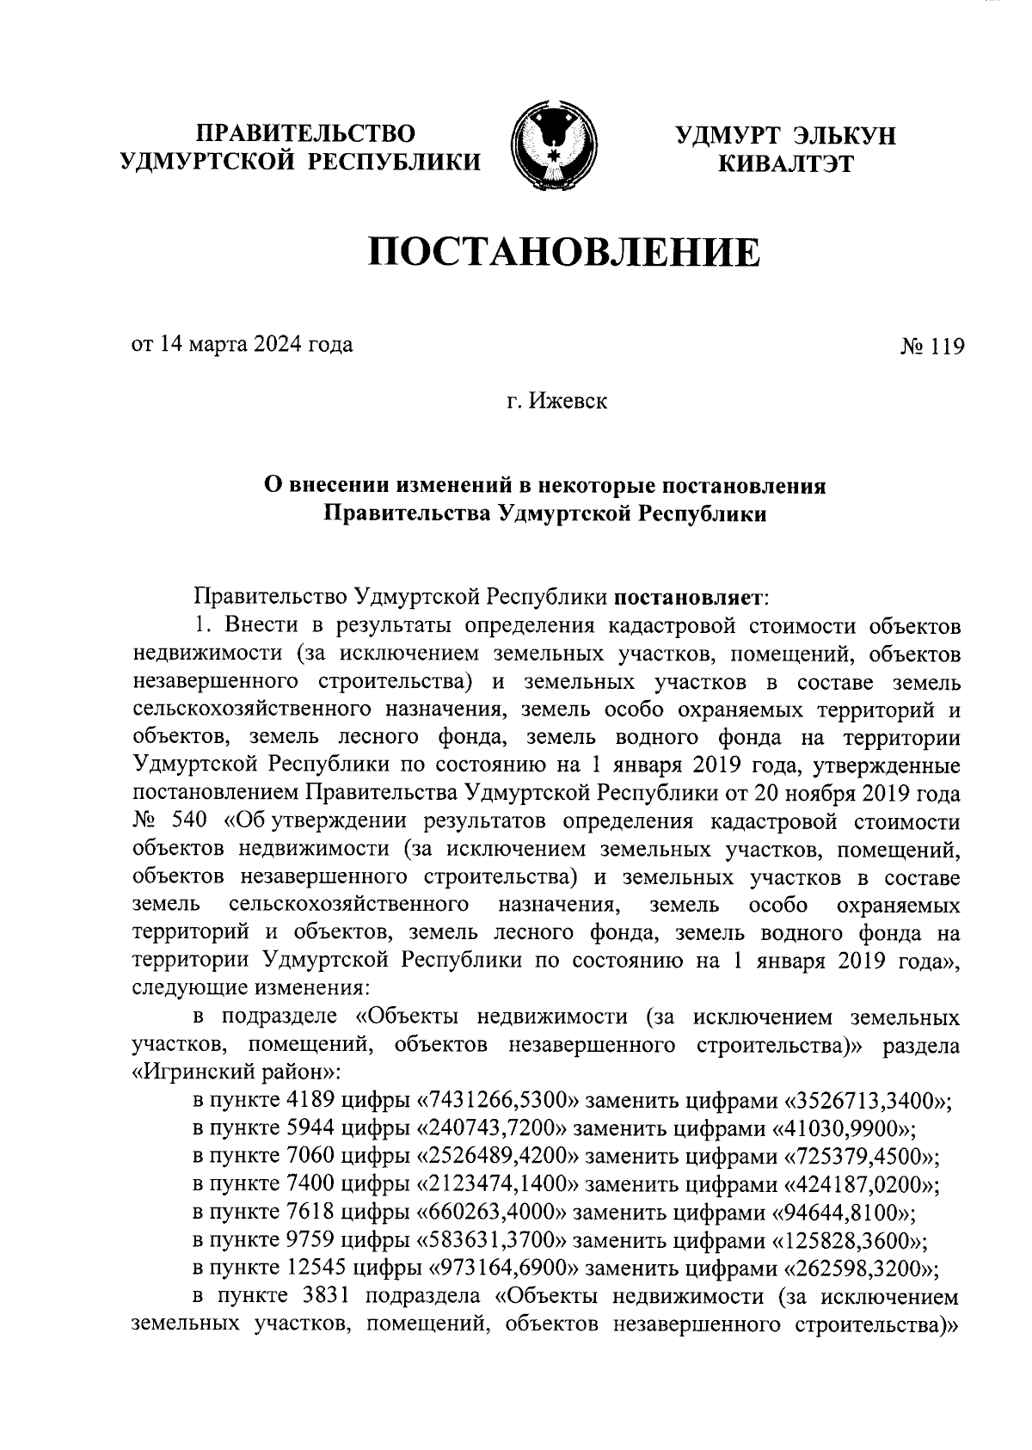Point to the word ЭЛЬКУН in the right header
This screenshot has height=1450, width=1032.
click(x=845, y=135)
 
